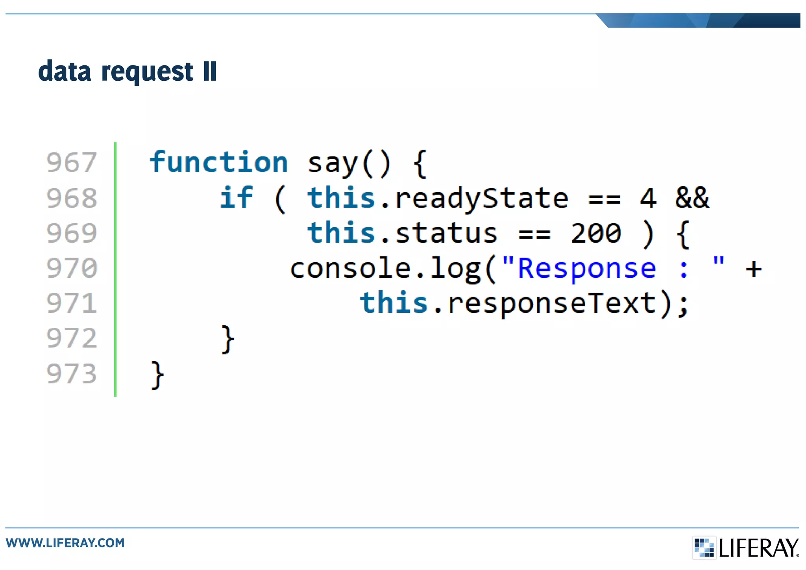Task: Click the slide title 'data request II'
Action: [x=127, y=71]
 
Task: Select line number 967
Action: [x=71, y=162]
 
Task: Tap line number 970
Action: [x=71, y=268]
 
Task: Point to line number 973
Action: [x=71, y=374]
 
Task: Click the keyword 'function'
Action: [x=218, y=162]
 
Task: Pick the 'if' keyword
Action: [x=236, y=197]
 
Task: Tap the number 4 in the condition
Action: [x=648, y=198]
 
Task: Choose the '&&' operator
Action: [x=692, y=198]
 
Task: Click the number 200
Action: [x=596, y=233]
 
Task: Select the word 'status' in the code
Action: [x=446, y=233]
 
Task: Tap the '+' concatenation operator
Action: [x=753, y=269]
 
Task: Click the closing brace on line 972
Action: [x=227, y=339]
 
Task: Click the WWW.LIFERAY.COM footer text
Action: [x=65, y=543]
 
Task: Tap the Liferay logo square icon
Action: [x=704, y=547]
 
